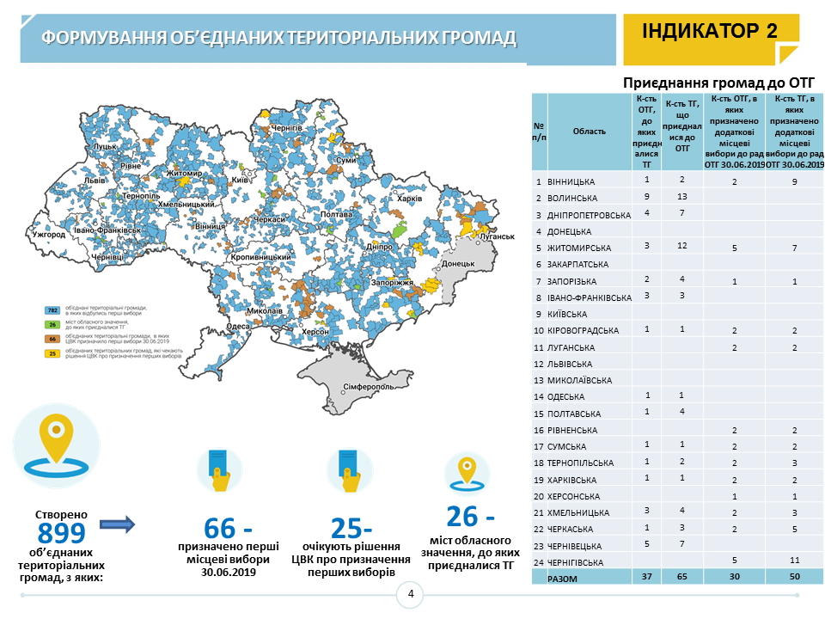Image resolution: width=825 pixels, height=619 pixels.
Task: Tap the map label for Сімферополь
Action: coord(369,387)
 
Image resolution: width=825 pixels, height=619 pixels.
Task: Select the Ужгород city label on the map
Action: coord(47,234)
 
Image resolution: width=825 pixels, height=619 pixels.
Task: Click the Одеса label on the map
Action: coord(239,326)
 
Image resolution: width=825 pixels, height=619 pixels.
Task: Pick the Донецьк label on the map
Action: coord(458,263)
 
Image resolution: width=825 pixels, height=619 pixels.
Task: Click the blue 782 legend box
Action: coord(52,309)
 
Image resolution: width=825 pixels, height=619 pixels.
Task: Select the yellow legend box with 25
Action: coord(52,353)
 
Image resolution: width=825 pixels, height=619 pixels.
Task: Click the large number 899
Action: coord(61,532)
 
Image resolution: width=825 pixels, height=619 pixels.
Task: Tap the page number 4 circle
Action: coord(411,594)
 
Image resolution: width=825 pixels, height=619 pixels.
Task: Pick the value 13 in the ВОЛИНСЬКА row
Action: coord(681,196)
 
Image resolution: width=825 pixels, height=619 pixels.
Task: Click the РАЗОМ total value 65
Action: coord(681,578)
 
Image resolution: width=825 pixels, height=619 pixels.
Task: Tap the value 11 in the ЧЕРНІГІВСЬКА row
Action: coord(794,561)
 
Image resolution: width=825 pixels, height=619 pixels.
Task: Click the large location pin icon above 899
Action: coord(56,444)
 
